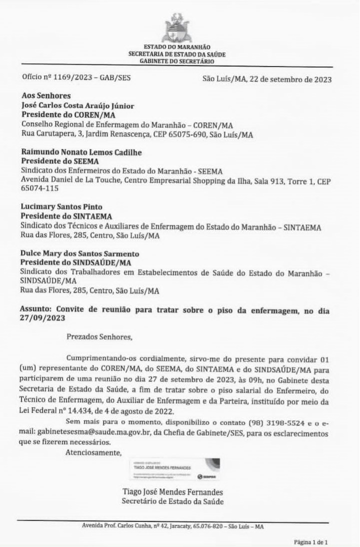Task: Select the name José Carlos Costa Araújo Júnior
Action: click(77, 106)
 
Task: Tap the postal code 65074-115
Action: click(39, 189)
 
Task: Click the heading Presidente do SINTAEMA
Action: click(66, 216)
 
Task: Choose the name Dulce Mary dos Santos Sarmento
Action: click(80, 253)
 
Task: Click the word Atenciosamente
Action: click(93, 453)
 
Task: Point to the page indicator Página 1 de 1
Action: click(310, 541)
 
